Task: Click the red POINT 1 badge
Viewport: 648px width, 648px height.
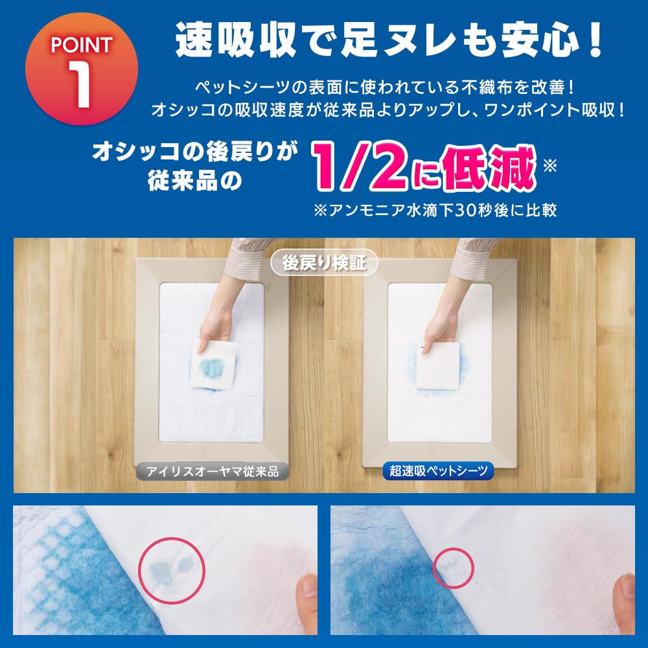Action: [82, 68]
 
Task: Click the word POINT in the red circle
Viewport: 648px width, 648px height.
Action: [82, 45]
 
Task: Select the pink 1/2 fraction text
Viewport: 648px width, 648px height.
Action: [360, 167]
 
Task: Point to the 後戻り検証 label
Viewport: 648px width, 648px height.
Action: [324, 263]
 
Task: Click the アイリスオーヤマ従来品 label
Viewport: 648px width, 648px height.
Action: [213, 471]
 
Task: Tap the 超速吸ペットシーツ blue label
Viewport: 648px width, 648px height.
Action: [438, 470]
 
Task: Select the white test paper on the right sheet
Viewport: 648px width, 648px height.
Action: [437, 365]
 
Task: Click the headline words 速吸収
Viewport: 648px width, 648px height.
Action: [236, 40]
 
